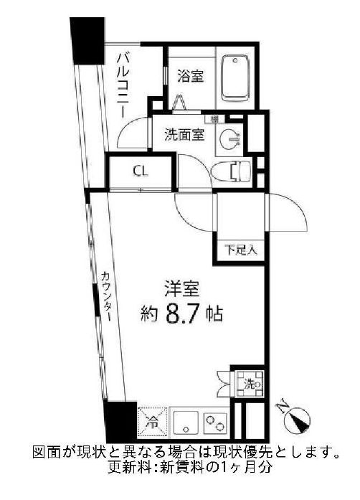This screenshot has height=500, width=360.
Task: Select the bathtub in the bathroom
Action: pyautogui.click(x=237, y=77)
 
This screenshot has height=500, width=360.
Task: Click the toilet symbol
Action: pyautogui.click(x=232, y=170)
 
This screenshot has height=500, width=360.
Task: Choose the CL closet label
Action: pyautogui.click(x=141, y=171)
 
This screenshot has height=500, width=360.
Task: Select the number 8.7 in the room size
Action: pyautogui.click(x=182, y=313)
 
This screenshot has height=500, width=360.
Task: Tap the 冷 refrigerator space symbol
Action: pyautogui.click(x=149, y=421)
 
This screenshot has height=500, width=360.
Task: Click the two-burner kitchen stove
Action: pyautogui.click(x=215, y=422)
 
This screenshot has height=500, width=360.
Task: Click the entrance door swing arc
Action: pyautogui.click(x=287, y=211)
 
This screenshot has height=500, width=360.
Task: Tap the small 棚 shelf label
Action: pyautogui.click(x=214, y=119)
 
